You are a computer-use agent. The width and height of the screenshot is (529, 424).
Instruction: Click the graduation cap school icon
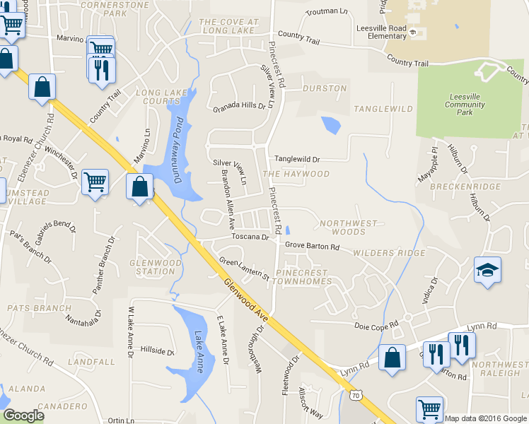click(x=487, y=271)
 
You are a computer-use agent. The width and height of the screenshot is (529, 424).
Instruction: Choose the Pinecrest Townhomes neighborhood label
click(x=303, y=276)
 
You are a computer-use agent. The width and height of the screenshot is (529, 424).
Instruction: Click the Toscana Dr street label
click(x=251, y=237)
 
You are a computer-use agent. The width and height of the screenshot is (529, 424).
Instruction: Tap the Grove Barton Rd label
click(x=313, y=247)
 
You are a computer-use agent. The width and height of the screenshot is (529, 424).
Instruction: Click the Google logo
click(x=23, y=416)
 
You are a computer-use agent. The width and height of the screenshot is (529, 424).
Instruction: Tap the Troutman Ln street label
click(x=327, y=12)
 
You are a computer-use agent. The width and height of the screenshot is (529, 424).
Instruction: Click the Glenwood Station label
click(x=152, y=266)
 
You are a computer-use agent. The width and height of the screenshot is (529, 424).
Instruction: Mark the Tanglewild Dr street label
click(x=298, y=160)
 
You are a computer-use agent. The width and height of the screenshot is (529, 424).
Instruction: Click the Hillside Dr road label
click(x=158, y=351)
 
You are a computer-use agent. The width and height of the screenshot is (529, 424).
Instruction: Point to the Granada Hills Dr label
click(x=243, y=108)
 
